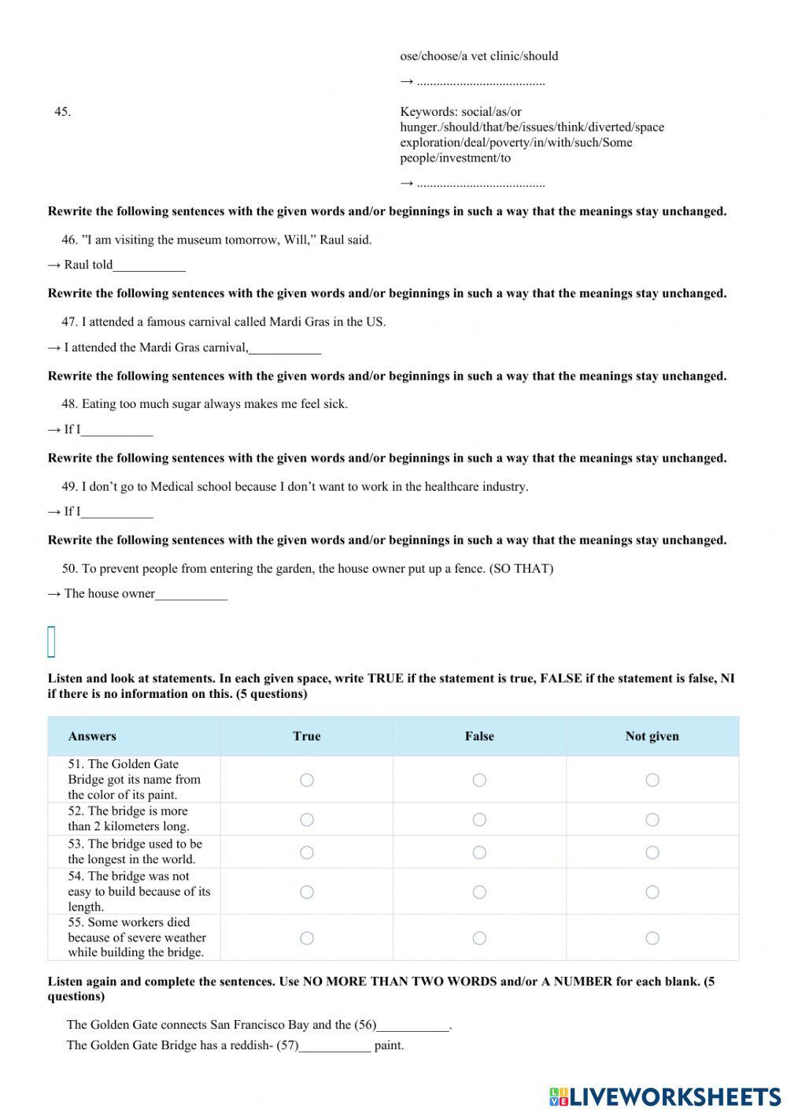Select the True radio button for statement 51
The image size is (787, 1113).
click(x=307, y=780)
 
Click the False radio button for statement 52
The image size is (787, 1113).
click(x=479, y=820)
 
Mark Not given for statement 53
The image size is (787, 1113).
click(x=652, y=852)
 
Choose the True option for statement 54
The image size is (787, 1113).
click(x=307, y=892)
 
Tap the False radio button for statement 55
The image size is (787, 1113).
click(x=479, y=938)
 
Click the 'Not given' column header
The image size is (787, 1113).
click(x=652, y=736)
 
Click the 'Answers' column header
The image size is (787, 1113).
click(x=92, y=736)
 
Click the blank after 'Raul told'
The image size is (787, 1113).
click(x=150, y=265)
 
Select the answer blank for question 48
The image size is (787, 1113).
click(x=117, y=430)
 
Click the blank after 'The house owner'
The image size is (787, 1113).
click(x=191, y=594)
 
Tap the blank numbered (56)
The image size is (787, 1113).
click(x=412, y=1026)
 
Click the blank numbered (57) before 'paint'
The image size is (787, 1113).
click(x=334, y=1046)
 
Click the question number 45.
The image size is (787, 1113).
click(x=62, y=112)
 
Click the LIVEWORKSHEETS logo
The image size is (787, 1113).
click(x=665, y=1096)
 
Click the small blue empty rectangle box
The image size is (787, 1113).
click(x=52, y=642)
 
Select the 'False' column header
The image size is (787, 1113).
click(x=479, y=736)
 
